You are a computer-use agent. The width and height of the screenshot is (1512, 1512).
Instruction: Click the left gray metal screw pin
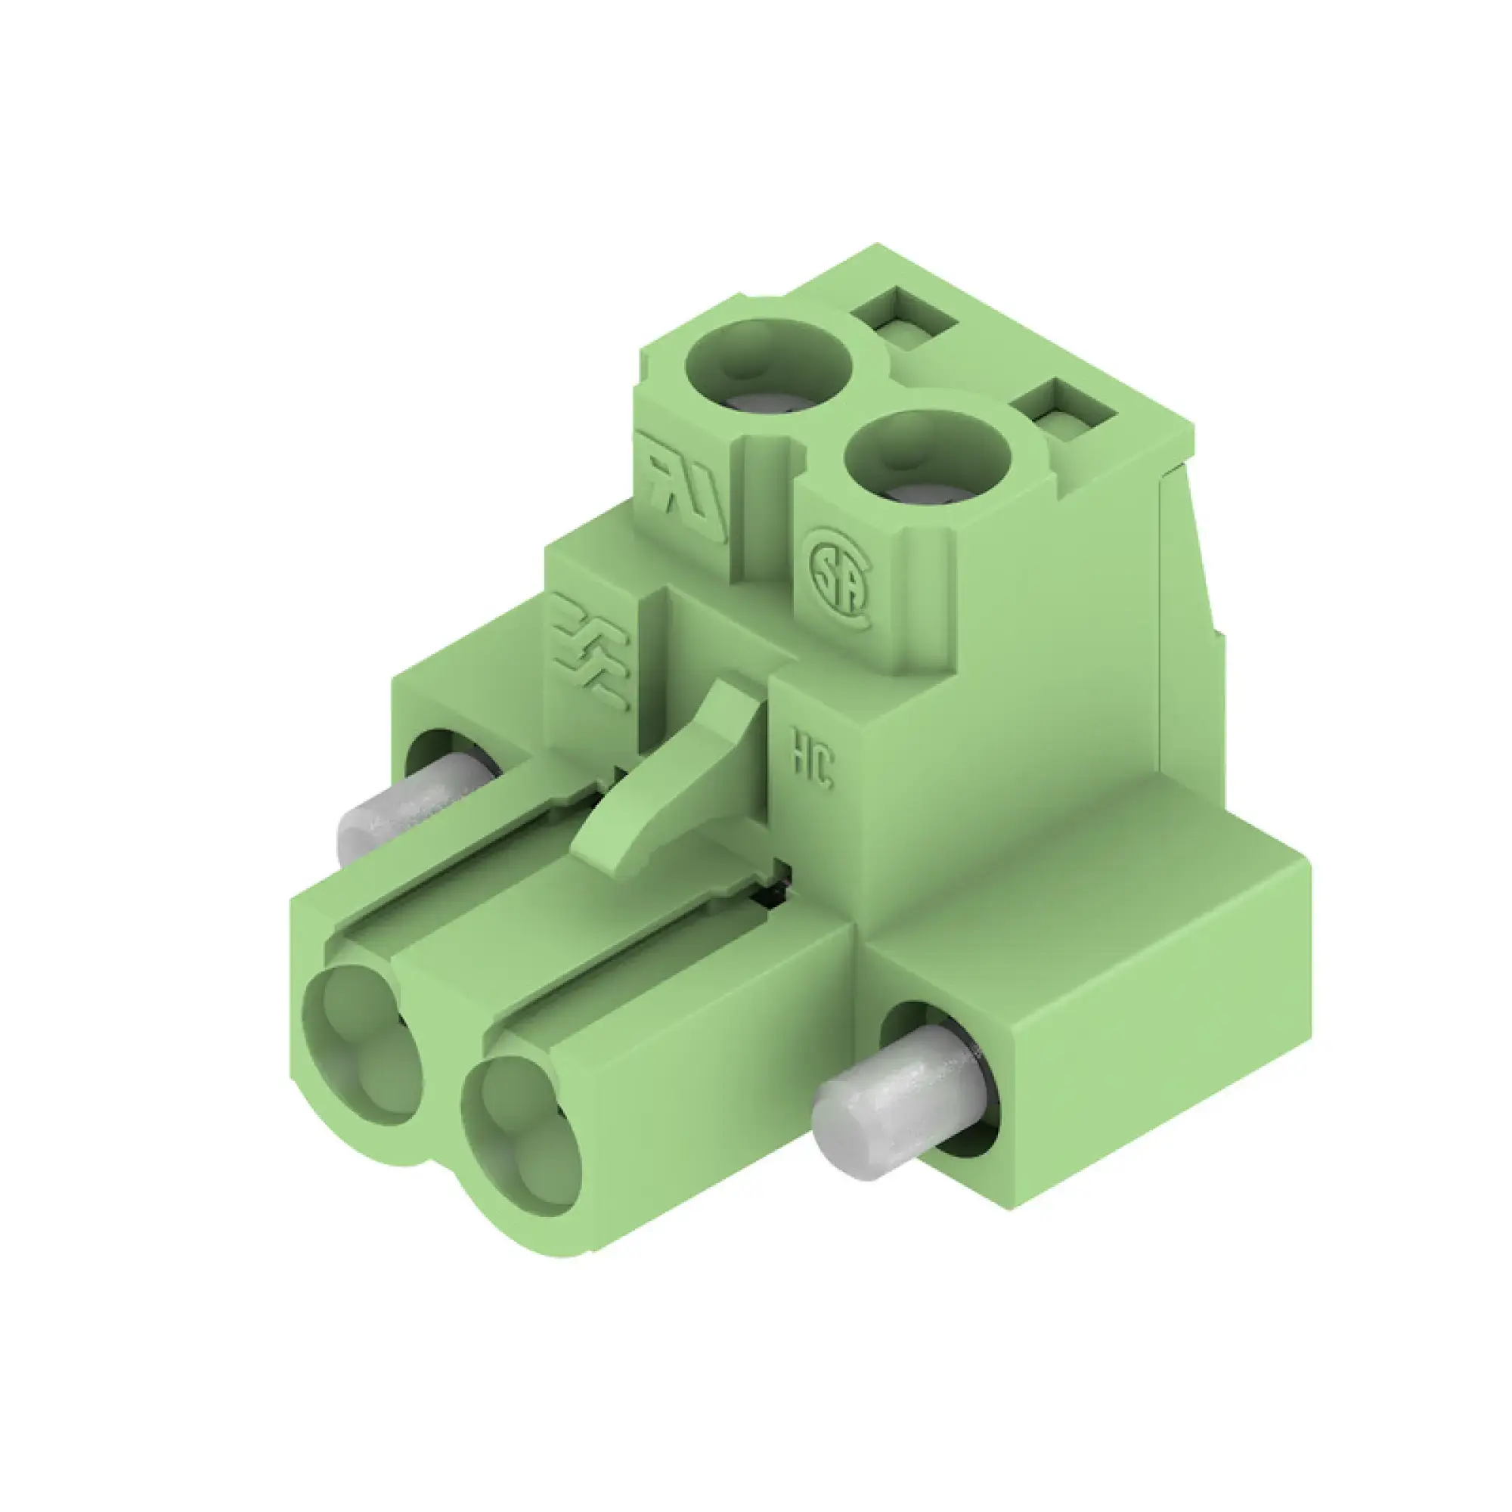point(407,810)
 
